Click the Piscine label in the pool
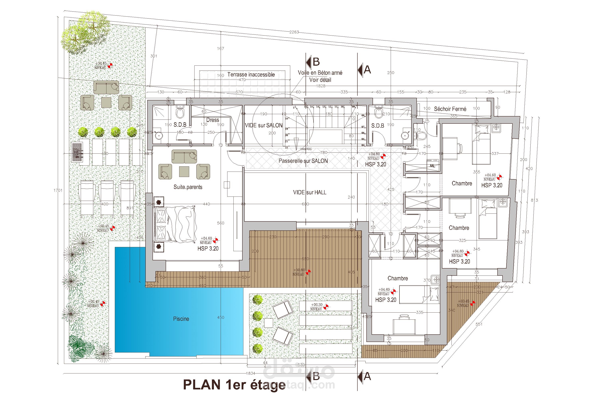click(x=181, y=319)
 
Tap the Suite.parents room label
click(x=188, y=187)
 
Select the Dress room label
click(x=212, y=120)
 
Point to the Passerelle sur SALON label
click(x=303, y=161)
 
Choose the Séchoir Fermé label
click(x=450, y=109)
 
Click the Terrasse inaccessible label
click(x=251, y=75)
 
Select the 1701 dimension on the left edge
click(x=58, y=190)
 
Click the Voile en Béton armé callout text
click(x=320, y=73)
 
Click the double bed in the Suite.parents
click(x=175, y=224)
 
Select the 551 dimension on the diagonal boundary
click(x=479, y=324)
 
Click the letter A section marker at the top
click(x=367, y=69)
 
